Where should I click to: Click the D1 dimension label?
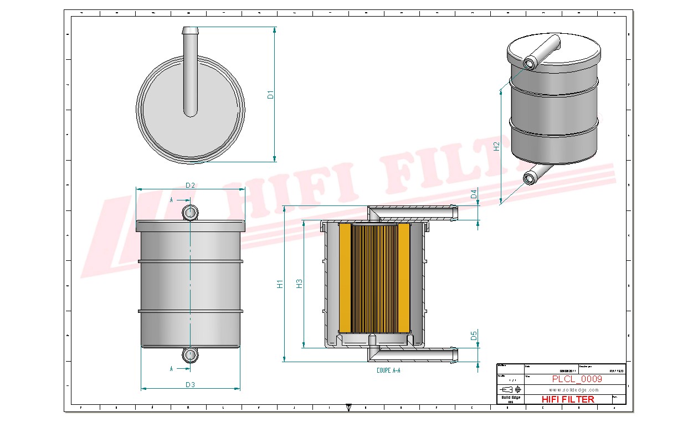click(270, 94)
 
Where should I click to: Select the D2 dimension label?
click(190, 185)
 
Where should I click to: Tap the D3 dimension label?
click(190, 384)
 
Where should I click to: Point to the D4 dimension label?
click(474, 194)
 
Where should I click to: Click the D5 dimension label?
click(474, 336)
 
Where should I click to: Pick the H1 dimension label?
click(280, 284)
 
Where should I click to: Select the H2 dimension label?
click(497, 146)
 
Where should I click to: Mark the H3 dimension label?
click(299, 284)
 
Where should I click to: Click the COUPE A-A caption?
click(388, 370)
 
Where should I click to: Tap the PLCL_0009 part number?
click(577, 379)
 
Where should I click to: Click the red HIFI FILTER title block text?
click(567, 399)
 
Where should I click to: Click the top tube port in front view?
click(190, 213)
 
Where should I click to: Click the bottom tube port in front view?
click(190, 354)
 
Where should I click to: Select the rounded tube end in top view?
click(191, 112)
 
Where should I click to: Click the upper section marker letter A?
click(171, 199)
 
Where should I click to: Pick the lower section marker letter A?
click(171, 368)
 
